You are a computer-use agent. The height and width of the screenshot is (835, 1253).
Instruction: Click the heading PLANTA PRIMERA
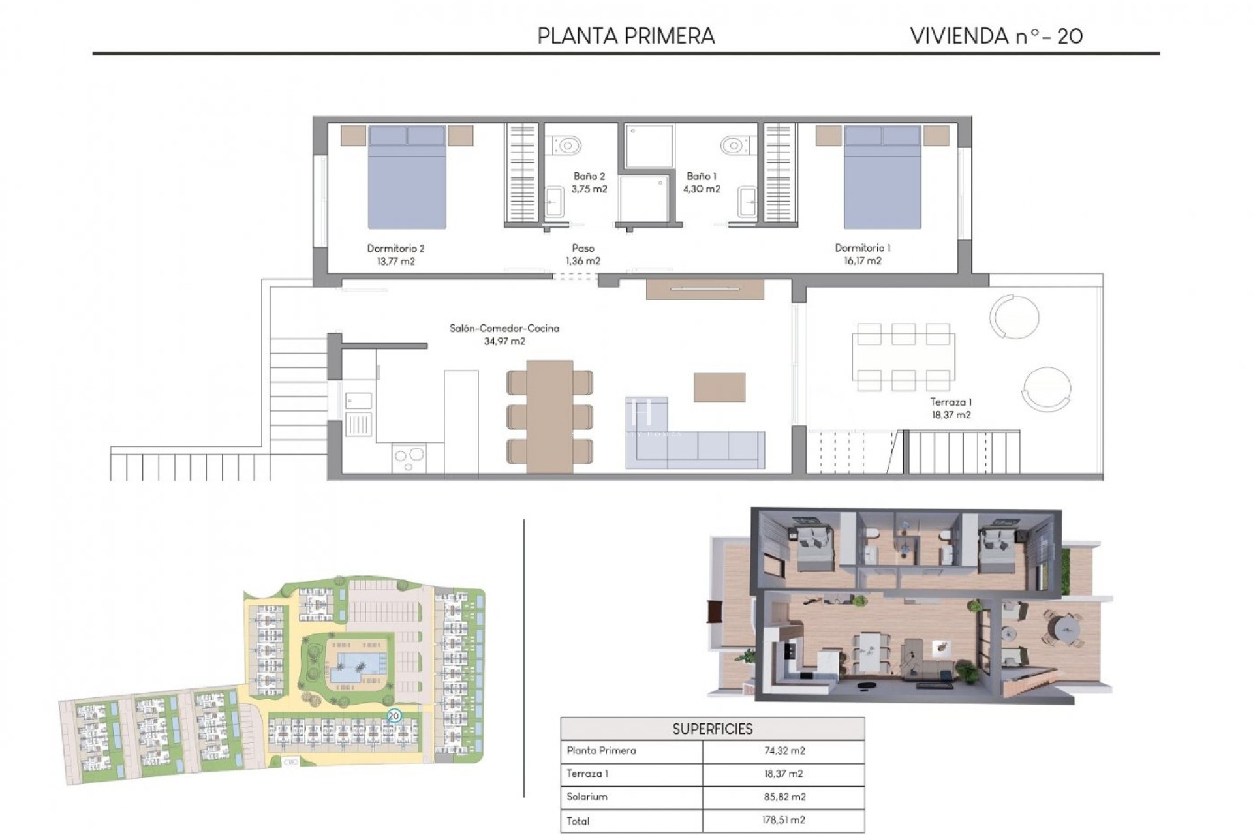tap(626, 36)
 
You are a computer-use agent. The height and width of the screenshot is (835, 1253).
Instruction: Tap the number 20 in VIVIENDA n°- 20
tap(1070, 36)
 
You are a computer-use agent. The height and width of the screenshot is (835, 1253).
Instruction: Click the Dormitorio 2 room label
tap(395, 248)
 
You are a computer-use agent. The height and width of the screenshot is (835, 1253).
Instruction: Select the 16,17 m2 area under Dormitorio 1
tap(862, 260)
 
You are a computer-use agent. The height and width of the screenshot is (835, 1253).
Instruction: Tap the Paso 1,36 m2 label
tap(583, 254)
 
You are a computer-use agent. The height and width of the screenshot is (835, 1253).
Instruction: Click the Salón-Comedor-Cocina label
tap(504, 328)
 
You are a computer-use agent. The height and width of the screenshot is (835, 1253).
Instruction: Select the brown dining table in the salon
tap(549, 416)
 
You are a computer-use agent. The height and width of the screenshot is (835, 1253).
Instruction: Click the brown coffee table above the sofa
tap(719, 387)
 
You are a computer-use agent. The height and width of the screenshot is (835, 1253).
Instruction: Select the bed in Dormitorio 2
tap(407, 177)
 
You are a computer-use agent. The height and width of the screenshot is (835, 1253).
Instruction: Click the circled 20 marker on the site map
tap(394, 716)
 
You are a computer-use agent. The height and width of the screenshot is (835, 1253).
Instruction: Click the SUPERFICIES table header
tap(712, 729)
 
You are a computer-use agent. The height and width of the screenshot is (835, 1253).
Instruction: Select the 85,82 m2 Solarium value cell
tap(784, 797)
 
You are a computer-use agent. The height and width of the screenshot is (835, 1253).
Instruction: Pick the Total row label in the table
tap(578, 821)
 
